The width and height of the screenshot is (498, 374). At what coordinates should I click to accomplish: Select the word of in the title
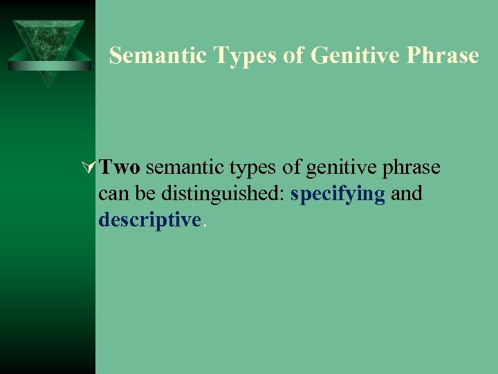[x=294, y=55]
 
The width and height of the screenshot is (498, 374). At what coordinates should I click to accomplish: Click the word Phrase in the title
[x=443, y=55]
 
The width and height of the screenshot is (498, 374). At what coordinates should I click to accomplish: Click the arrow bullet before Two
[x=89, y=168]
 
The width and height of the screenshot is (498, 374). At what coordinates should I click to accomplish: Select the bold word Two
[x=120, y=168]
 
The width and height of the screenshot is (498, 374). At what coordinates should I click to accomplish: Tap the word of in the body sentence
[x=290, y=168]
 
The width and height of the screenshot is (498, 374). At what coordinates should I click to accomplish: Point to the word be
[x=142, y=194]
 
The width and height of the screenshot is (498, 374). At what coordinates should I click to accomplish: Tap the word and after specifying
[x=406, y=194]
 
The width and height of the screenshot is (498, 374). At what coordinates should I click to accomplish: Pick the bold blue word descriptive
[x=149, y=220]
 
